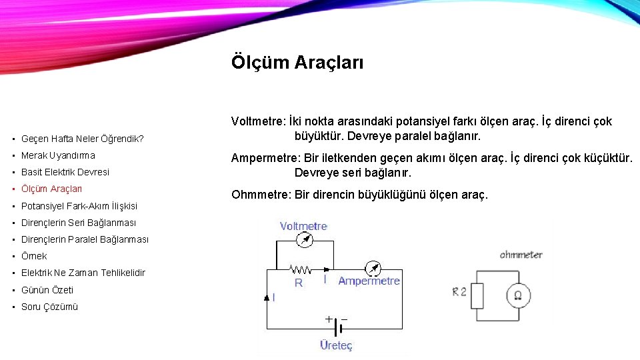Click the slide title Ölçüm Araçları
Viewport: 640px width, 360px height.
tap(297, 63)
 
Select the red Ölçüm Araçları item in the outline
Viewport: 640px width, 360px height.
tap(51, 189)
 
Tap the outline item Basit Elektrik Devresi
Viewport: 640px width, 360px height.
tap(65, 172)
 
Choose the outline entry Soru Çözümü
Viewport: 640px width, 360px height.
tap(49, 307)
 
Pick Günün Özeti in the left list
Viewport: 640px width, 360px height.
tap(47, 290)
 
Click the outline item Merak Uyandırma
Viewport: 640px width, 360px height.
tap(58, 155)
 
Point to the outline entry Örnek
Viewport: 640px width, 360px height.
tap(34, 256)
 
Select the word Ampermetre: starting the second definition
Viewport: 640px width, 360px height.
tap(265, 158)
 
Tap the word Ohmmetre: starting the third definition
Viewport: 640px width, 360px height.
tap(261, 195)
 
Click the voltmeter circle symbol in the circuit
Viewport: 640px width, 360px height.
tap(305, 241)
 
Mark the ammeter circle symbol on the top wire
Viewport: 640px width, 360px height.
tap(374, 269)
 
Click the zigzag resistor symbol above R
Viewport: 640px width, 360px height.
tap(301, 270)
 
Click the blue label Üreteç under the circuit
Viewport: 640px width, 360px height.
tap(336, 345)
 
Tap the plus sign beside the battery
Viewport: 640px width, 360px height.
tap(329, 319)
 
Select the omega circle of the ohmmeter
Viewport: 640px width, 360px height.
tap(517, 295)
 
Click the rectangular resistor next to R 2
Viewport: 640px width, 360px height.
tap(477, 295)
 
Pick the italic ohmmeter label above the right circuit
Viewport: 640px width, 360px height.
tap(521, 255)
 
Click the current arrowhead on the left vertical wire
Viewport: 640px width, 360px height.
tap(267, 297)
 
